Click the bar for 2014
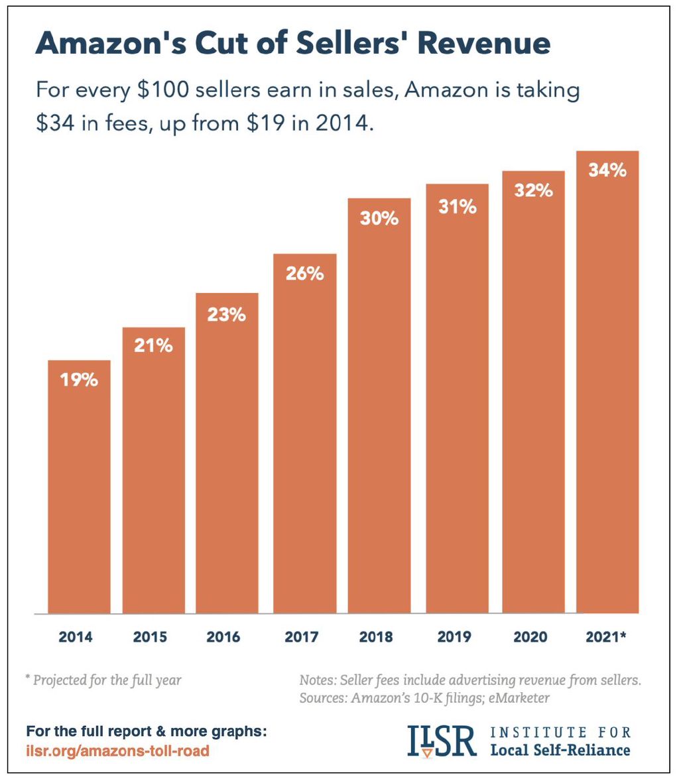point(79,491)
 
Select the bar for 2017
point(304,438)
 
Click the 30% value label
point(379,218)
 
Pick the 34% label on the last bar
point(607,170)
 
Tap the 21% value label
point(153,345)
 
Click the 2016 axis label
point(223,638)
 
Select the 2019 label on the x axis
point(454,638)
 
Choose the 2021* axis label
point(607,638)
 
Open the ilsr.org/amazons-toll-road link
point(117,751)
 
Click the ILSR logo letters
point(441,741)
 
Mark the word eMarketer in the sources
point(520,698)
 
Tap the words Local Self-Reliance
point(560,751)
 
